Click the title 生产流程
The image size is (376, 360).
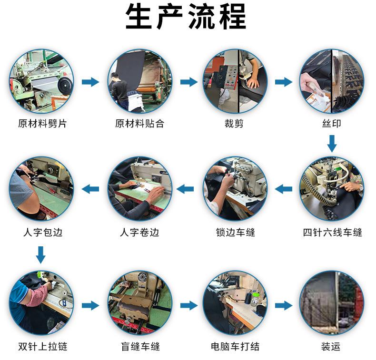tap(186, 17)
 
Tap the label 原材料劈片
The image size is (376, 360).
tap(42, 124)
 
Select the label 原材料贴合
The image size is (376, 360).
tap(140, 124)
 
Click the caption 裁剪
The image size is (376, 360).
tap(234, 124)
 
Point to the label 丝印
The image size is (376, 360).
tap(332, 124)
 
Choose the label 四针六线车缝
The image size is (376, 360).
tap(332, 233)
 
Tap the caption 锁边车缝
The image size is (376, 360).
tap(236, 233)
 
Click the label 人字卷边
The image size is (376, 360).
tap(139, 233)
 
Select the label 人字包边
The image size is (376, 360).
tap(43, 233)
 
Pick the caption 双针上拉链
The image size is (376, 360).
tap(43, 347)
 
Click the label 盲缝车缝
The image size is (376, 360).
tap(140, 347)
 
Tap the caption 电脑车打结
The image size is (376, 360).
tap(235, 347)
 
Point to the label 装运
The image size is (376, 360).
tap(331, 347)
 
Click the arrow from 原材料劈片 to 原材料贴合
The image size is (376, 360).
tap(90, 82)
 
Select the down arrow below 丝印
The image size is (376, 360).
tap(332, 144)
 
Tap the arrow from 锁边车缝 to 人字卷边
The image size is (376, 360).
tap(185, 189)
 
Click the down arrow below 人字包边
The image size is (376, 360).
tap(41, 255)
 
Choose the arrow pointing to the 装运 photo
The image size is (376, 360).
tap(284, 305)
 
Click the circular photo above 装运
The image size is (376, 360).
tap(332, 303)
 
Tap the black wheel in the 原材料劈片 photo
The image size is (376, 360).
tap(65, 85)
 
